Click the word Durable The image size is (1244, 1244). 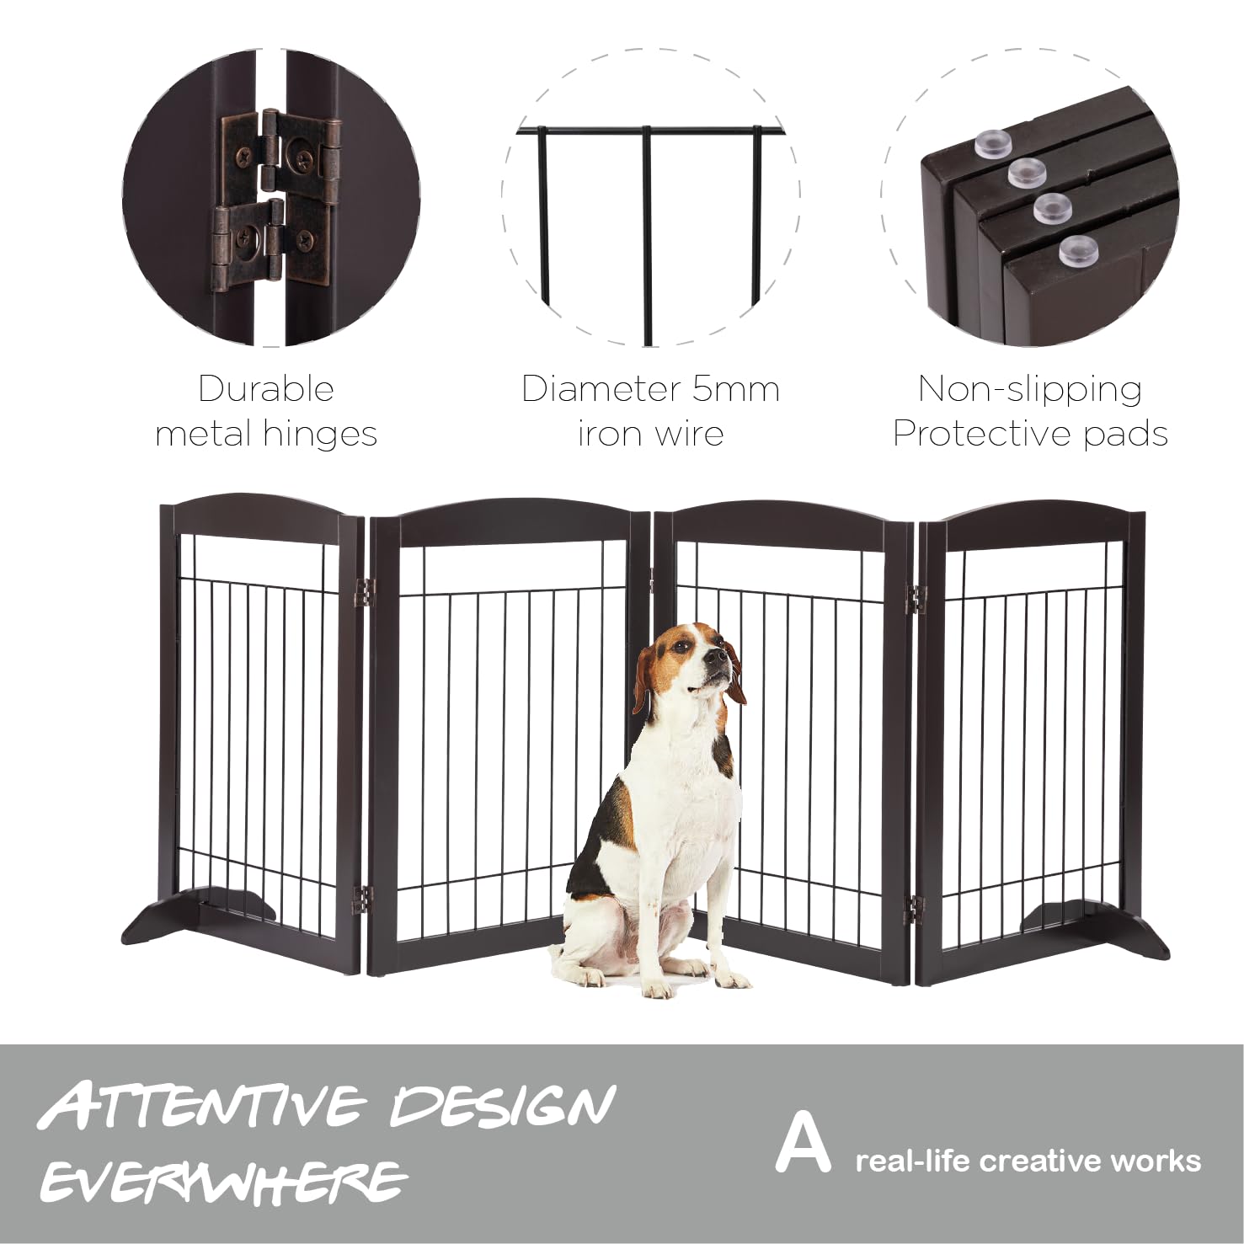(266, 389)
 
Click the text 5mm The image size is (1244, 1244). (735, 389)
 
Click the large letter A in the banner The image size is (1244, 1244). (803, 1142)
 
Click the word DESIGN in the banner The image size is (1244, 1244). (503, 1105)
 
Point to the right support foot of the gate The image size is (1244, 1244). (1095, 926)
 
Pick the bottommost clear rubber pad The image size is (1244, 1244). (1078, 251)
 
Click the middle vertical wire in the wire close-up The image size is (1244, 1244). (647, 236)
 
